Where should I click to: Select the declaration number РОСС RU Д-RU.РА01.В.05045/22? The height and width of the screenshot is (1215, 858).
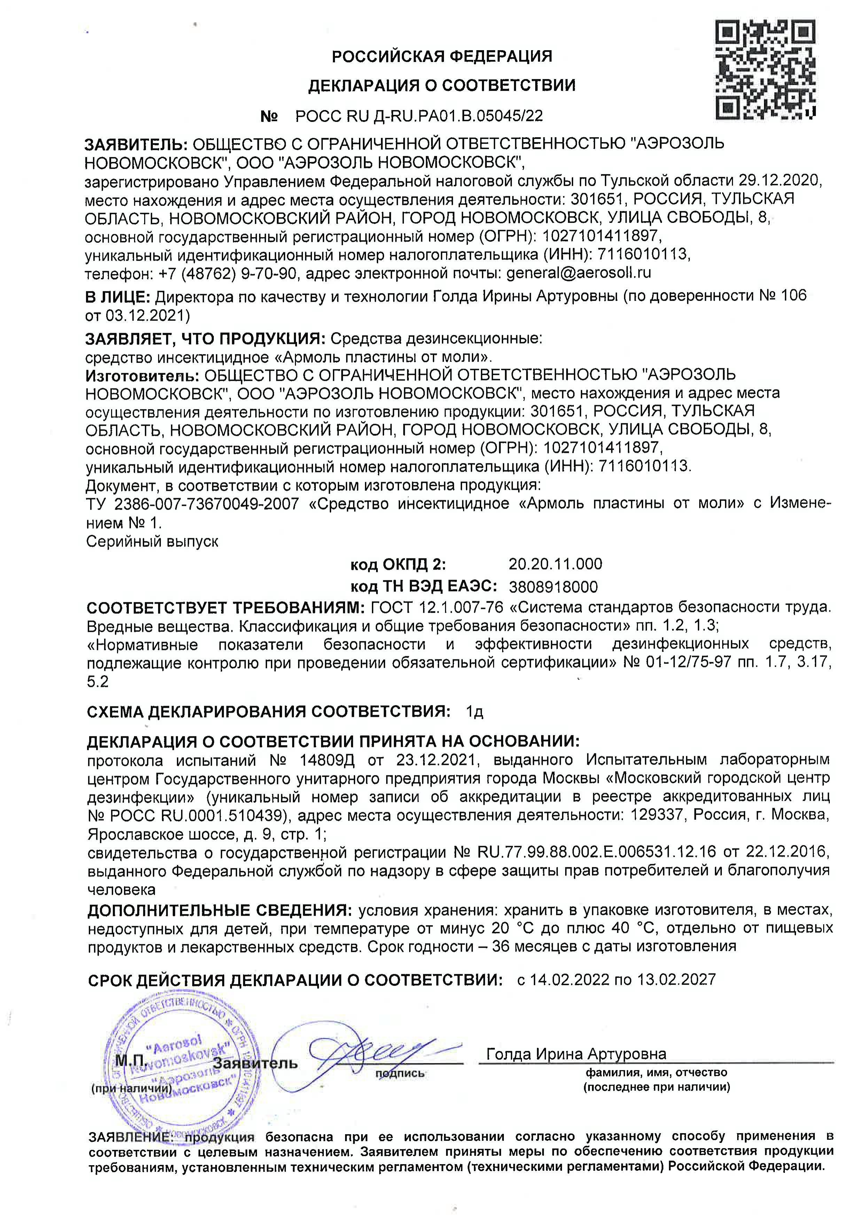419,116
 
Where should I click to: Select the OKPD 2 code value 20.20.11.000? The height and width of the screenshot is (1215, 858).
555,564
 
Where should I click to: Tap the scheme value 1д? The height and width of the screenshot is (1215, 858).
475,712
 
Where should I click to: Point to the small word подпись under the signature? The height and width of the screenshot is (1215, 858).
399,1074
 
